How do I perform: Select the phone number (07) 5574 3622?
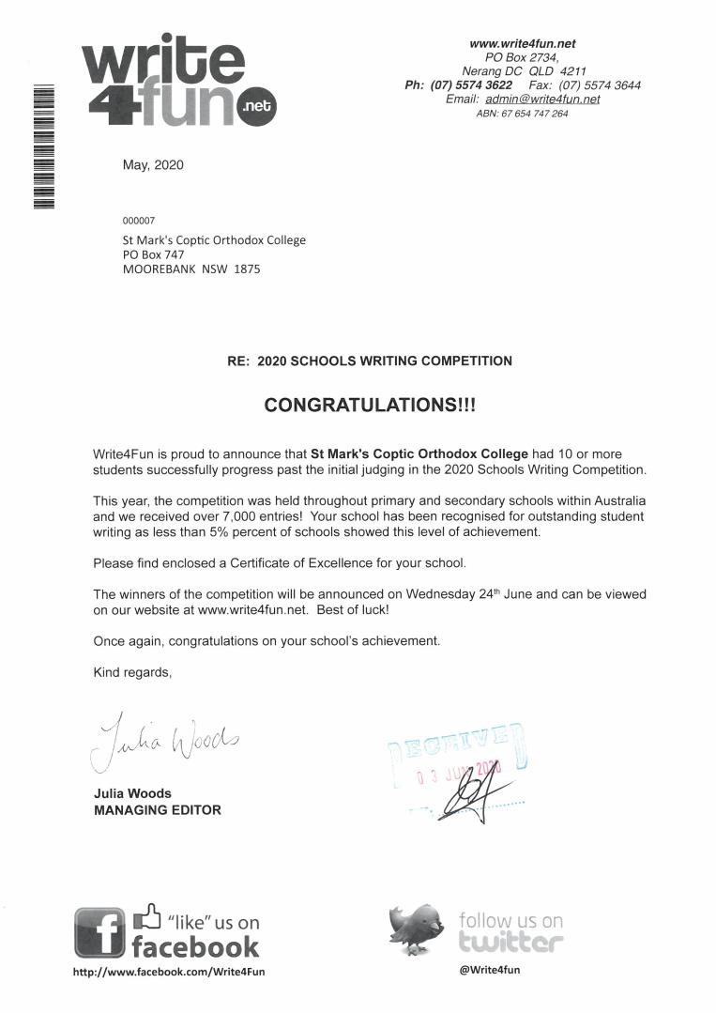coord(471,84)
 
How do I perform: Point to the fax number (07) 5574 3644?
coord(600,84)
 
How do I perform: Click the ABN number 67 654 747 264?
coord(535,114)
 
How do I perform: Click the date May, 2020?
coord(153,165)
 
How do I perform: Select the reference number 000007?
coord(139,221)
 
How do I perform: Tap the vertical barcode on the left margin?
coord(43,146)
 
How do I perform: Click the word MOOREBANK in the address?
coord(154,269)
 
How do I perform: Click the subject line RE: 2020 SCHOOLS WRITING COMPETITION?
coord(370,361)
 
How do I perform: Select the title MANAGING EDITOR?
coord(158,809)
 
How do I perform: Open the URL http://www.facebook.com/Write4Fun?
coord(169,972)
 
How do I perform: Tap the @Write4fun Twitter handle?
coord(490,970)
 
